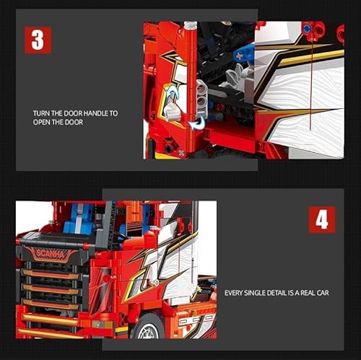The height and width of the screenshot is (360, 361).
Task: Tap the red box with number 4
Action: click(x=321, y=219)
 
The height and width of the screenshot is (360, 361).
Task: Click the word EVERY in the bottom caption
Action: click(x=235, y=293)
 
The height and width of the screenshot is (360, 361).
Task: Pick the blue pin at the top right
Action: click(x=308, y=30)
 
